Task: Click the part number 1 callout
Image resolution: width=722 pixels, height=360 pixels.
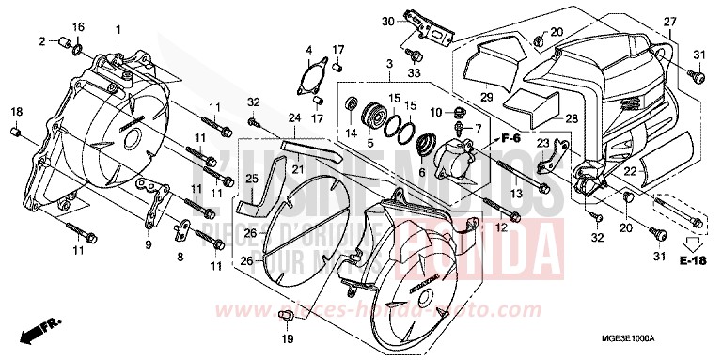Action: pyautogui.click(x=118, y=30)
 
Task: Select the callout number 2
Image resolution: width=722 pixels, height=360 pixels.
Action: pyautogui.click(x=42, y=41)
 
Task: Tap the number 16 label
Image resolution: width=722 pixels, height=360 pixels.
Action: pyautogui.click(x=78, y=26)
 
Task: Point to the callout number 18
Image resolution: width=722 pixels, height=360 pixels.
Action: pyautogui.click(x=16, y=113)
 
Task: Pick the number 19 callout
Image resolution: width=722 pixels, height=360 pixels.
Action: pyautogui.click(x=288, y=338)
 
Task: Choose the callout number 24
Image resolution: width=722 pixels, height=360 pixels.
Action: pyautogui.click(x=293, y=118)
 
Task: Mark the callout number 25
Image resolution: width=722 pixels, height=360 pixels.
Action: pyautogui.click(x=251, y=179)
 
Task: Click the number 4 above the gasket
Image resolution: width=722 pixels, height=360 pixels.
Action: pyautogui.click(x=308, y=49)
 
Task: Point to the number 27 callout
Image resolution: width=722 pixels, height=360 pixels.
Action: pyautogui.click(x=669, y=21)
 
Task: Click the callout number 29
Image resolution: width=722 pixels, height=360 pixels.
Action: pyautogui.click(x=486, y=97)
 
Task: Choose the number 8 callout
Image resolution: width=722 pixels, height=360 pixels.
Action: pyautogui.click(x=180, y=256)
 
